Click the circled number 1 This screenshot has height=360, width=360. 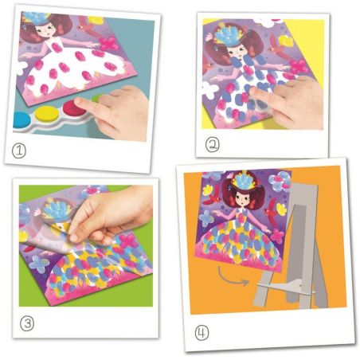pyautogui.click(x=19, y=151)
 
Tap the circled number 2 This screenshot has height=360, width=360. pyautogui.click(x=213, y=145)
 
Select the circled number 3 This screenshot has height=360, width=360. pyautogui.click(x=27, y=323)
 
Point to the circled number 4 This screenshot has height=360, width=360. pyautogui.click(x=202, y=333)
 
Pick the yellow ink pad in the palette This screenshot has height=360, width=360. pyautogui.click(x=47, y=114)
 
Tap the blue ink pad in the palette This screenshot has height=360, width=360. pyautogui.click(x=19, y=119)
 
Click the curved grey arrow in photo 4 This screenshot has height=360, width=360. pyautogui.click(x=232, y=278)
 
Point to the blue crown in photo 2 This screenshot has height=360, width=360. pyautogui.click(x=227, y=35)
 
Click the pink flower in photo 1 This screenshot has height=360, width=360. pyautogui.click(x=109, y=43)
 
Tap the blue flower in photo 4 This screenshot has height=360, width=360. pyautogui.click(x=206, y=219)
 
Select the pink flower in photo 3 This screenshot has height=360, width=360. pyautogui.click(x=128, y=241)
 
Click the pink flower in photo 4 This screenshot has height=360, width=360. pyautogui.click(x=277, y=236)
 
